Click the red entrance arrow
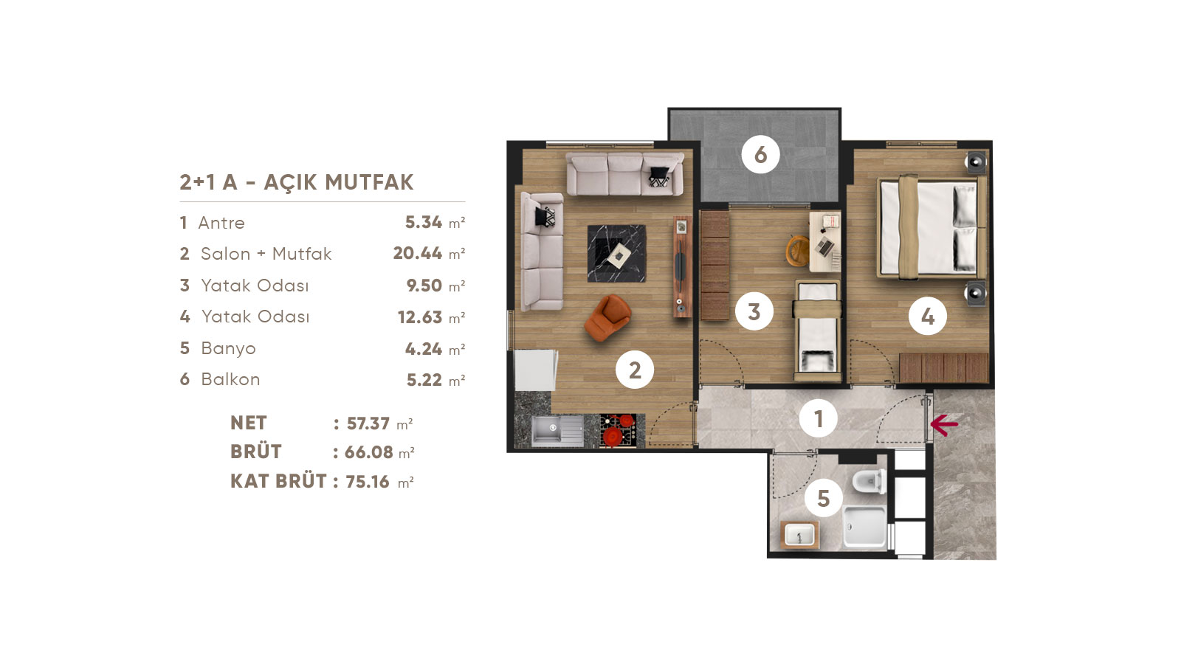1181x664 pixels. (x=944, y=424)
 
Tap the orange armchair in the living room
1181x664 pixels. (x=608, y=317)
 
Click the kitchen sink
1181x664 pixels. (x=557, y=431)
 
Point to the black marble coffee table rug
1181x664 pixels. (x=616, y=254)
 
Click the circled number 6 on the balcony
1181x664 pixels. (x=760, y=154)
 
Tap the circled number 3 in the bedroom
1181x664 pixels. (x=754, y=311)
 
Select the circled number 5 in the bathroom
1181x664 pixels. (x=824, y=498)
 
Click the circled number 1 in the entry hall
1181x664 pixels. (x=819, y=419)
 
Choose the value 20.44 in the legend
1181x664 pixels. (x=418, y=254)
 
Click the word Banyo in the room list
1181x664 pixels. (x=228, y=348)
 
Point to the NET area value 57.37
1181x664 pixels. (x=368, y=423)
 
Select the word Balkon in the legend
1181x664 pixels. (x=230, y=379)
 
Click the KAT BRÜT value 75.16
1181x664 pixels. (x=368, y=481)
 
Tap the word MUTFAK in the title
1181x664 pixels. (x=369, y=182)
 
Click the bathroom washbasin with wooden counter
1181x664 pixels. (x=800, y=535)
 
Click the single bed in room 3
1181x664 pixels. (x=818, y=330)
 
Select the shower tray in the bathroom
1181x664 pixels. (x=865, y=527)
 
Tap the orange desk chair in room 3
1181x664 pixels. (x=798, y=250)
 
